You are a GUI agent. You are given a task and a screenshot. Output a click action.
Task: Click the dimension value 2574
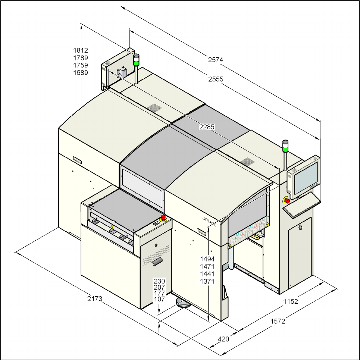coord(216,59)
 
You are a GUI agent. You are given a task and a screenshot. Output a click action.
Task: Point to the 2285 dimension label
coord(207,127)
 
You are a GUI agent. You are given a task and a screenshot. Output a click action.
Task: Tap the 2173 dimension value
coord(95,299)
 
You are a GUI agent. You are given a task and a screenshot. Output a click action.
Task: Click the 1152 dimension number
coord(291,301)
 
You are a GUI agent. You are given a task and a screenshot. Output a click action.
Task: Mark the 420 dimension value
coord(223,339)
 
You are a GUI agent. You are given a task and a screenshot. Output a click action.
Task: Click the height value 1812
coord(81,50)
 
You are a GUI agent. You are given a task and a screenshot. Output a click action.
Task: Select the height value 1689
coord(81,73)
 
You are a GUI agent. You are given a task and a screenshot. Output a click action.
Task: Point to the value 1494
coord(207,259)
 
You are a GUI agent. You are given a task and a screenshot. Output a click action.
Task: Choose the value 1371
coord(207,281)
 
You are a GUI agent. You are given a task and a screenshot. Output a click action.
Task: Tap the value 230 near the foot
coord(159,281)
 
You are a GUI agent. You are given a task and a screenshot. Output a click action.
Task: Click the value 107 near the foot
coord(159,299)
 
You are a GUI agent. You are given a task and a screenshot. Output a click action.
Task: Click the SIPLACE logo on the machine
coord(209,221)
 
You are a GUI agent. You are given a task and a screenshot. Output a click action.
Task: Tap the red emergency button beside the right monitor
coord(287,200)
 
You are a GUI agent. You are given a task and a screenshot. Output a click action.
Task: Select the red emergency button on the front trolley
coord(163,218)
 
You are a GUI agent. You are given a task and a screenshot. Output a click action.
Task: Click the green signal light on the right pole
coord(286,149)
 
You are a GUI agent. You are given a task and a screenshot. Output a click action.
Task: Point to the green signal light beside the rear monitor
coord(137,63)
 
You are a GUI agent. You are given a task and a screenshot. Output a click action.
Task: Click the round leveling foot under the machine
coord(184,303)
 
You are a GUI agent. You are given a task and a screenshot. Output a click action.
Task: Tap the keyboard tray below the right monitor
coord(302,206)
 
